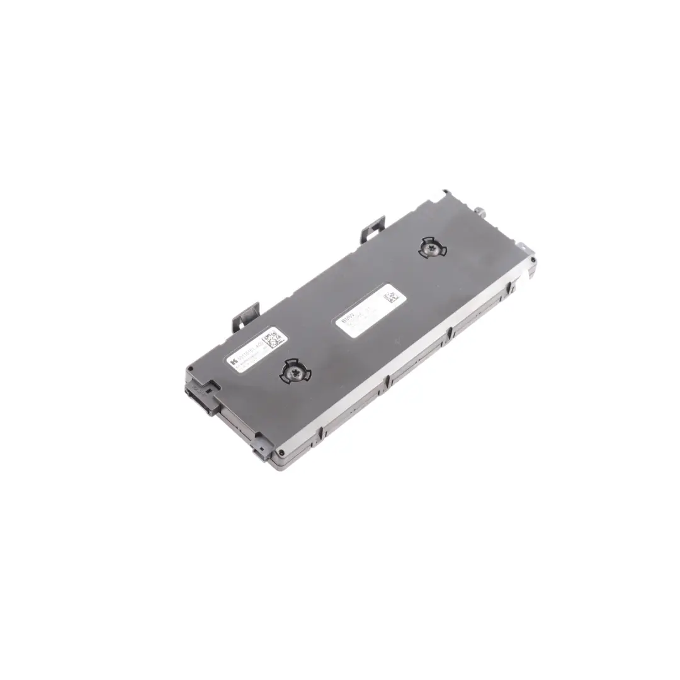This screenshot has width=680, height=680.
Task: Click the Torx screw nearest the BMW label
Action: [433, 249]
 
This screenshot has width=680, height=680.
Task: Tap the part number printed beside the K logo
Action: [249, 354]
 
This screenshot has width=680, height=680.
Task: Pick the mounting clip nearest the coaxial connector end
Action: [372, 230]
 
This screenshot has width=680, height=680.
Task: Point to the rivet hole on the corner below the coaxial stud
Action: [533, 259]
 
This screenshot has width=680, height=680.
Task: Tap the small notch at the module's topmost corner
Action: [446, 191]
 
